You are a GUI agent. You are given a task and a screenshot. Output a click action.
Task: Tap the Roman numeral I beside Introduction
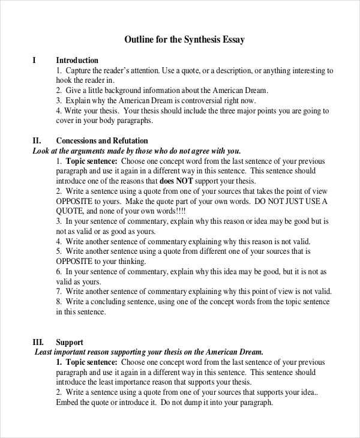click(x=34, y=61)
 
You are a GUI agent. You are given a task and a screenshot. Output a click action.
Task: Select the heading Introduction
click(x=77, y=61)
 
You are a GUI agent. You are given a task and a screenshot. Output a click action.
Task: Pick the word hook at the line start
click(x=64, y=80)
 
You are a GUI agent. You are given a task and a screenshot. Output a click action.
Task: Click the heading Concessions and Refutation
click(x=101, y=141)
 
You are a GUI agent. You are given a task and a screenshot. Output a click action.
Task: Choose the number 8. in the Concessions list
click(x=59, y=302)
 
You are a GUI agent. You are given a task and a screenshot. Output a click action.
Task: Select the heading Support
click(x=70, y=342)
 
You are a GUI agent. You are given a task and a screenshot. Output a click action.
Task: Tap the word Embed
click(x=68, y=403)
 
